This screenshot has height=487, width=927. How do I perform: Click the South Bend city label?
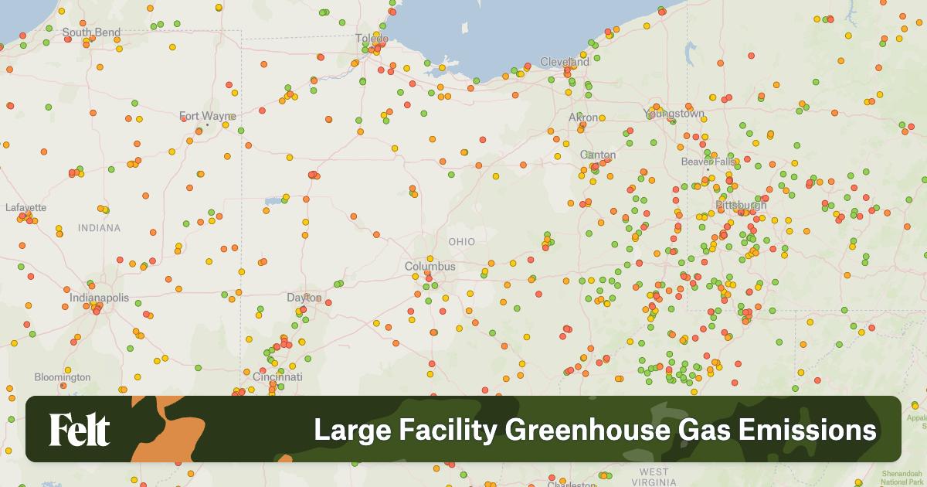click(x=91, y=32)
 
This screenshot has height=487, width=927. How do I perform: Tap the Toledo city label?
click(x=372, y=39)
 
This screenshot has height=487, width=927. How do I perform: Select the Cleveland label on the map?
click(x=564, y=61)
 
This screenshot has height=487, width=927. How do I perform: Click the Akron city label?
click(x=583, y=117)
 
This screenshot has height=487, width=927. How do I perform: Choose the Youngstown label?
click(x=674, y=114)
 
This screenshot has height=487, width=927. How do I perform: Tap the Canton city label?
click(x=598, y=155)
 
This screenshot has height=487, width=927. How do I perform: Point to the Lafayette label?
click(x=26, y=208)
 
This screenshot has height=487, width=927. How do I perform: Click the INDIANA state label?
click(x=99, y=228)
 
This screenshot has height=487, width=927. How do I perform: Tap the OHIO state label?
click(x=462, y=242)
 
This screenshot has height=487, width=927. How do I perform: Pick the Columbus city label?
click(x=430, y=267)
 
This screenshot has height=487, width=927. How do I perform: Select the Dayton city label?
click(x=304, y=298)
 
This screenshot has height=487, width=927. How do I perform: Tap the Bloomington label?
click(x=62, y=377)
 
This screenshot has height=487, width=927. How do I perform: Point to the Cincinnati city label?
click(x=277, y=376)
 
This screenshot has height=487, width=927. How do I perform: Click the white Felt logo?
click(x=80, y=430)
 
